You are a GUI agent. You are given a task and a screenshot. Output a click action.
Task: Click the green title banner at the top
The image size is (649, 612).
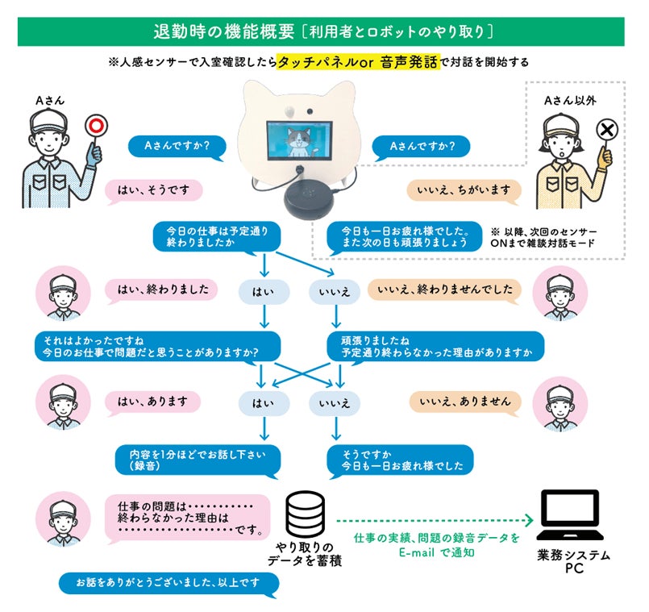click(322, 31)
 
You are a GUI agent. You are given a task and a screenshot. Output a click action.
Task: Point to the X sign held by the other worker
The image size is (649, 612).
click(609, 129)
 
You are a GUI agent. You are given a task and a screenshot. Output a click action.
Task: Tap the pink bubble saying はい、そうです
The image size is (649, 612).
click(153, 190)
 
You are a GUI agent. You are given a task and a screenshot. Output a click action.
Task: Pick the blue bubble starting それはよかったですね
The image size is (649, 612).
click(156, 345)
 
